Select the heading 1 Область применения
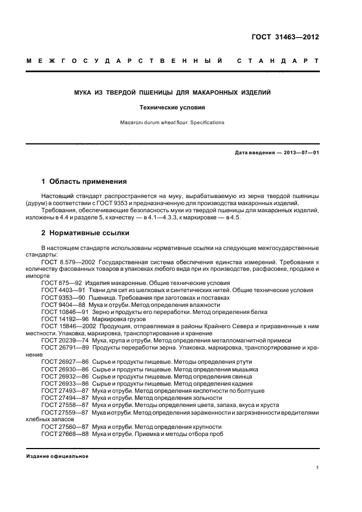pyautogui.click(x=84, y=181)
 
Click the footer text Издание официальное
pyautogui.click(x=58, y=456)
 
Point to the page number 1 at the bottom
pyautogui.click(x=318, y=468)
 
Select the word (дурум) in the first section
pyautogui.click(x=37, y=202)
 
